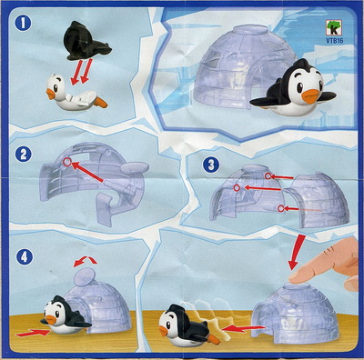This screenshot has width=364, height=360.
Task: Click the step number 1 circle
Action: coord(23,23)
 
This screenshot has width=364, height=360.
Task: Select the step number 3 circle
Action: coord(211,165)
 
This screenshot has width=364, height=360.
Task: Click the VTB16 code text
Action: coord(335,41)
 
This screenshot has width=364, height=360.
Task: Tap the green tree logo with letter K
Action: coord(335,28)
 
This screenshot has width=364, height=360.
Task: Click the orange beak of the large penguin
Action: coord(311,95)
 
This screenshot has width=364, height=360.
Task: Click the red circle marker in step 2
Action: coord(66,163)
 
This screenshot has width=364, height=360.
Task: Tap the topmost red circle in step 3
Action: coord(268,176)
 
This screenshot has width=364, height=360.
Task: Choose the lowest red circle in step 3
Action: coord(281,208)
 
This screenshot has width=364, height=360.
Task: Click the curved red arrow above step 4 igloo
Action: coord(86,260)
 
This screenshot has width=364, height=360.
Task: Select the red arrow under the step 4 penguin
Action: coord(33,333)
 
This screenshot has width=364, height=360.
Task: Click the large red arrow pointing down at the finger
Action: coord(297,251)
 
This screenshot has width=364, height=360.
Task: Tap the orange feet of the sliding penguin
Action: coord(214,339)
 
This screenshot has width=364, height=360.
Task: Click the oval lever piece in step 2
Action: coord(135,167)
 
